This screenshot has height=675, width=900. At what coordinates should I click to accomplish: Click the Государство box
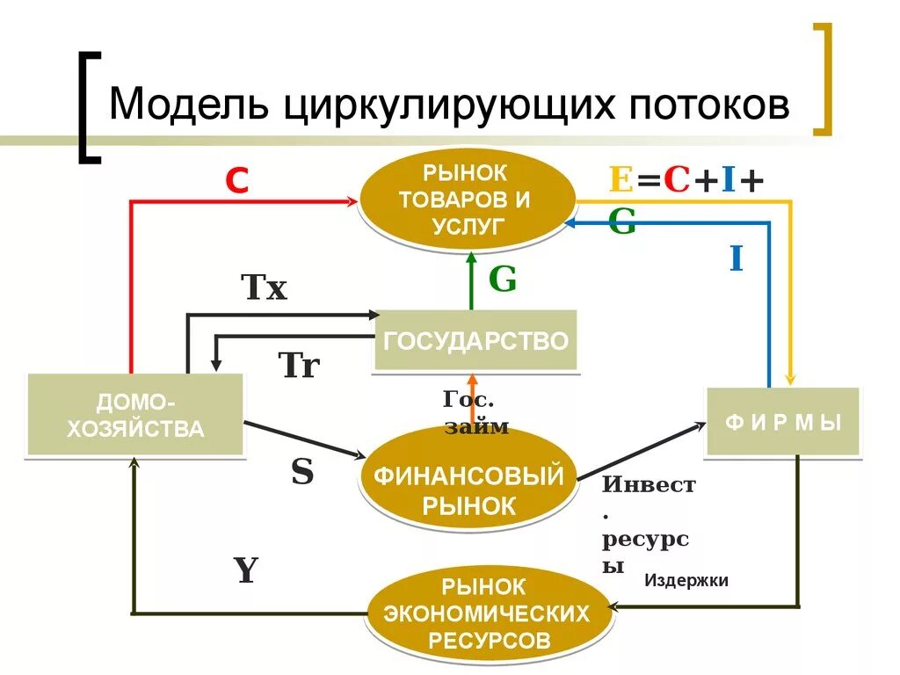coord(475,340)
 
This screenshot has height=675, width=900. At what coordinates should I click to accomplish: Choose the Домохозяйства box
coord(135,416)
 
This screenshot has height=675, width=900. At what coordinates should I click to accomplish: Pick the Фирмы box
coord(783,422)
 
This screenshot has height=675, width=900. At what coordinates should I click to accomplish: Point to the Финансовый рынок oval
coord(468,490)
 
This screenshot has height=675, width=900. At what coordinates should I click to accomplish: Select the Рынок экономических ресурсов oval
coord(490,613)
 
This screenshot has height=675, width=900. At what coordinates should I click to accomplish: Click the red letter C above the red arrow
coord(236,181)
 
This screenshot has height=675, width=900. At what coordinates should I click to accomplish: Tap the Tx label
coord(264,288)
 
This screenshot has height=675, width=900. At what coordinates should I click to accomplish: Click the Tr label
coord(299,365)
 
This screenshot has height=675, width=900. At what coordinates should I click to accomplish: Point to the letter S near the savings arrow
coord(302,473)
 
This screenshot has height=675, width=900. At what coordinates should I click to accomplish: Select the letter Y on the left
coord(246,571)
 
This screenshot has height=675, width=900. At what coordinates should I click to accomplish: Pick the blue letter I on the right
coord(736,259)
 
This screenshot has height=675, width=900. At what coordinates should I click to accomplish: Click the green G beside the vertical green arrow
coord(502,279)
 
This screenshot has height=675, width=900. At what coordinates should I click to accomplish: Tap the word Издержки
coord(686,580)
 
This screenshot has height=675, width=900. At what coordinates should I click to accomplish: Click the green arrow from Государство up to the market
coord(471,279)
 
